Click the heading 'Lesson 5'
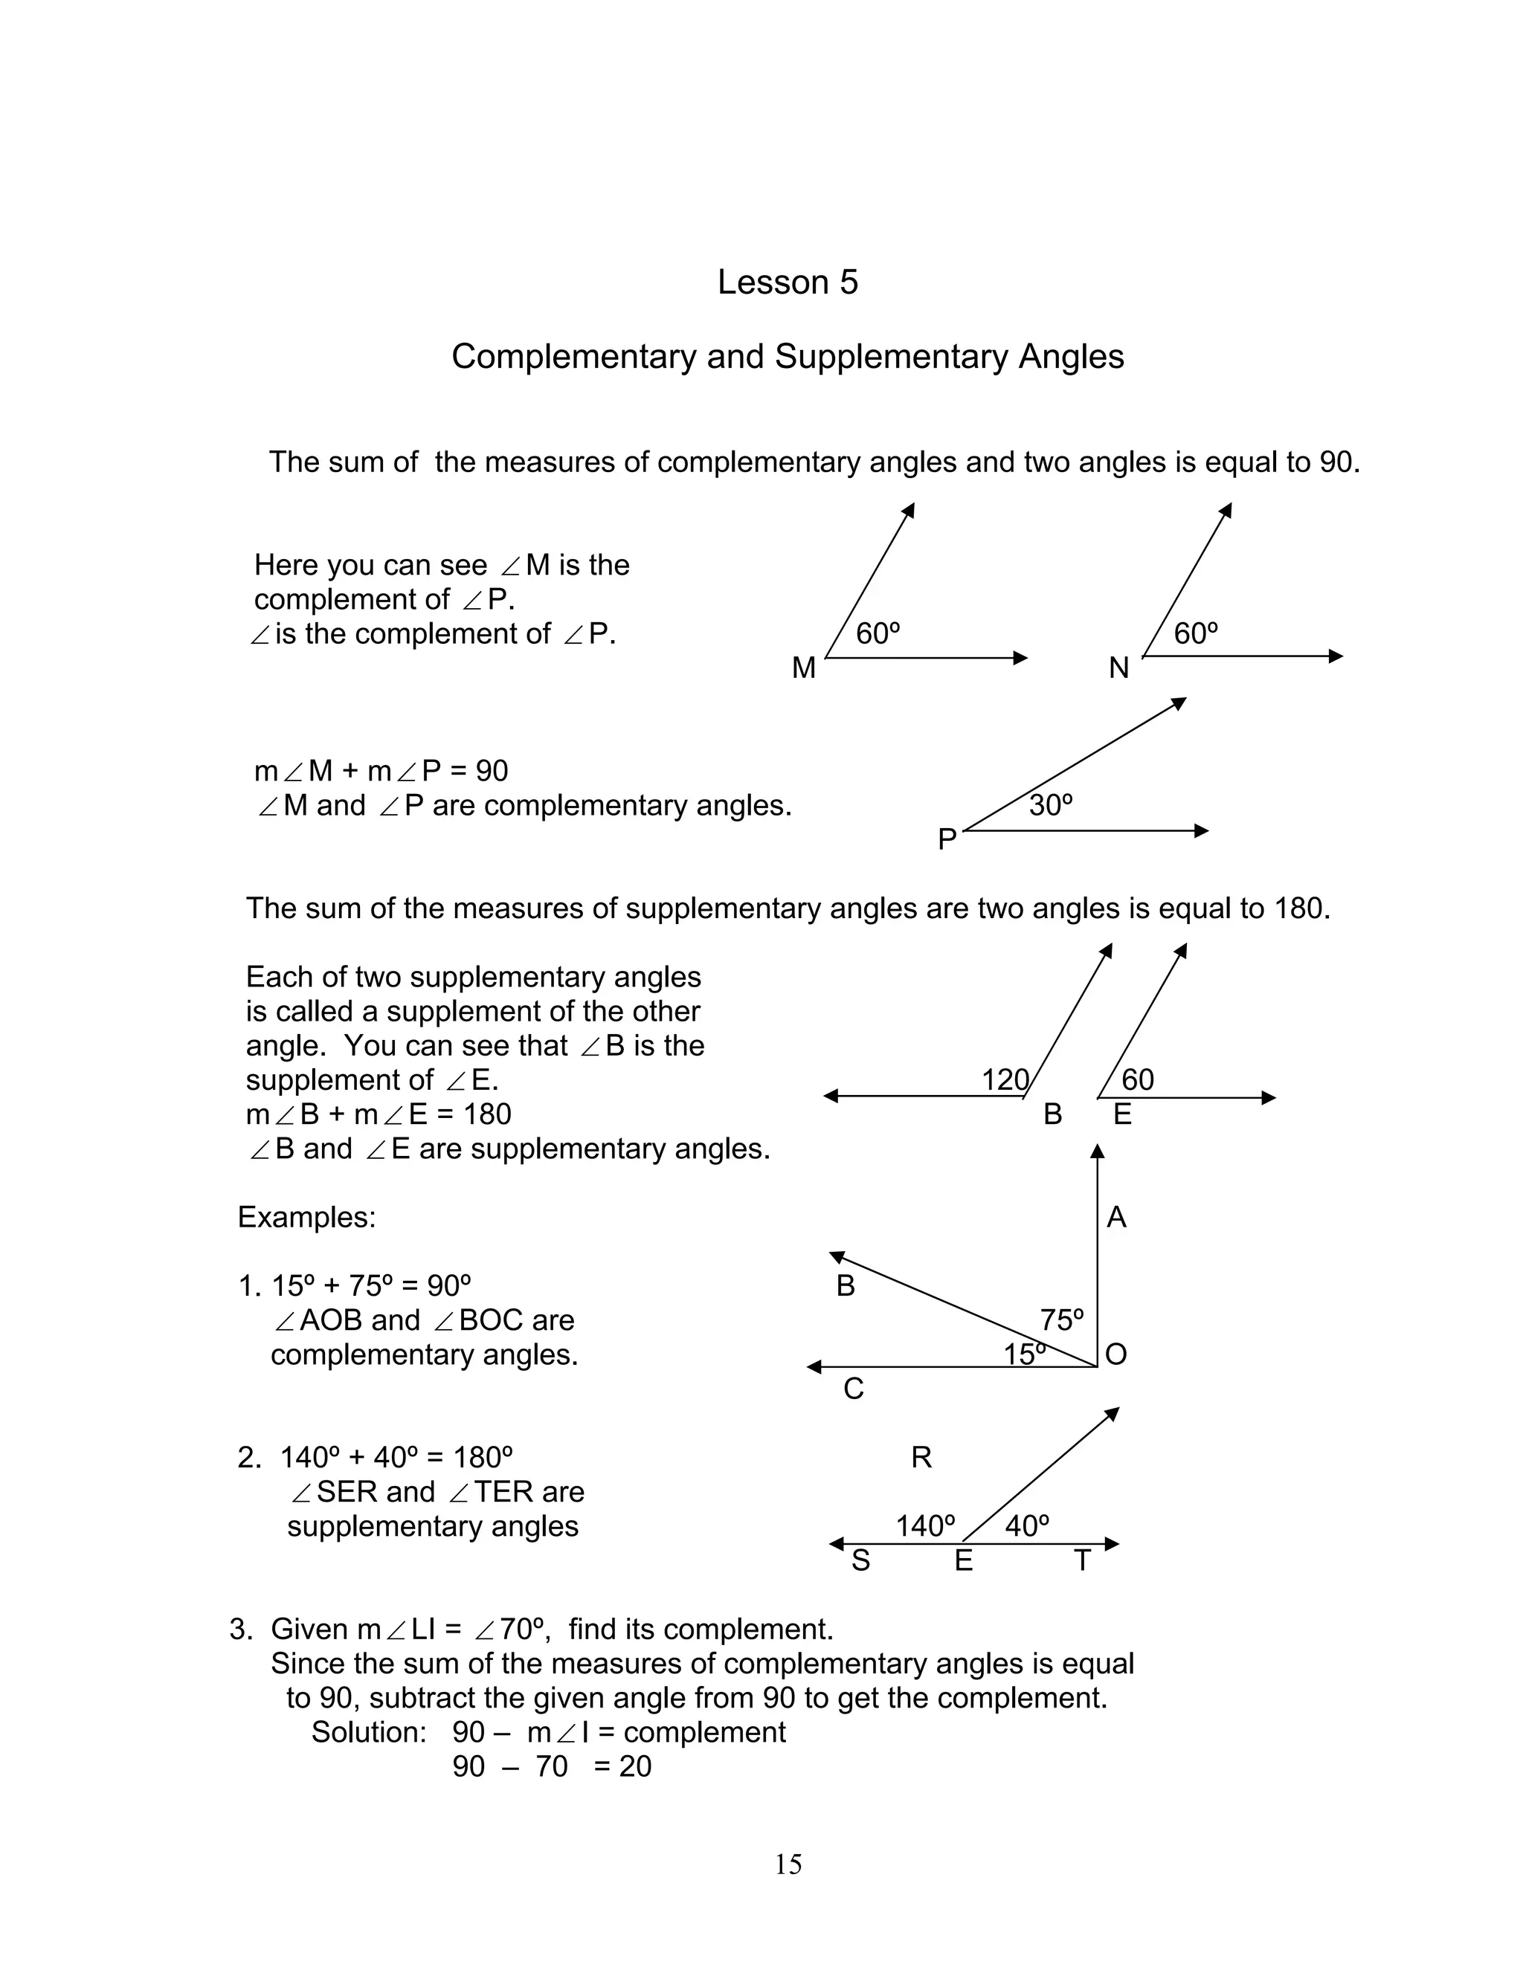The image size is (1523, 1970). [x=787, y=282]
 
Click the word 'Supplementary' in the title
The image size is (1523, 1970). [x=890, y=356]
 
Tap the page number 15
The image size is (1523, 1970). [x=788, y=1864]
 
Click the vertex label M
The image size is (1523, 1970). [x=803, y=668]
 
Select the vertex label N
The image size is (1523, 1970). [x=1118, y=668]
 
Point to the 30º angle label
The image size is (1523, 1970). [x=1050, y=804]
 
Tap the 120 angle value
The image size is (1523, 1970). [x=1004, y=1079]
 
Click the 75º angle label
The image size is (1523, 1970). [x=1061, y=1320]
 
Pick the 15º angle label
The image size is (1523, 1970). [x=1025, y=1354]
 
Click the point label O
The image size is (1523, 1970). [x=1116, y=1354]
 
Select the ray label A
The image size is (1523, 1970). [x=1116, y=1218]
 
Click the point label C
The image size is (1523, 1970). [x=854, y=1389]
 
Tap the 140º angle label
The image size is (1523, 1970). [x=925, y=1526]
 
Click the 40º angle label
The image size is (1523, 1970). [x=1027, y=1526]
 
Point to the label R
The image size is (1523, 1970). [x=921, y=1458]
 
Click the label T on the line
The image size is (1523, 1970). [x=1083, y=1560]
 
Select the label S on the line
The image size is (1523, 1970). [x=860, y=1560]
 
